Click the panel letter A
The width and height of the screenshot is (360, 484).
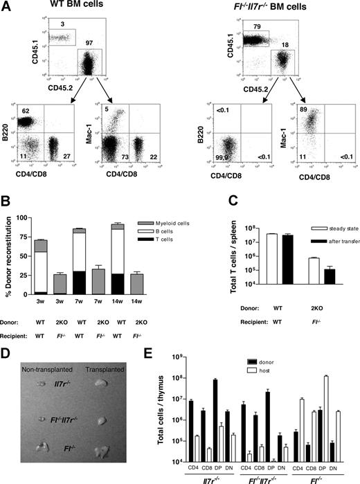coord(8,9)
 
